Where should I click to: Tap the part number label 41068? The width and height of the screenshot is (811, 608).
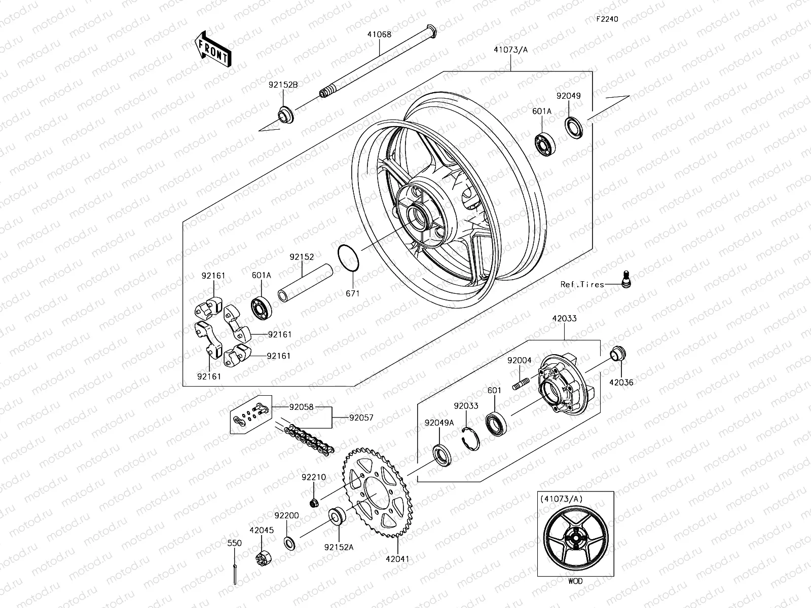coord(379,35)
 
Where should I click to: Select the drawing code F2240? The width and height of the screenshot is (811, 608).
coord(607,19)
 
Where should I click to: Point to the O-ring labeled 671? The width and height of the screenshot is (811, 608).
coord(349,257)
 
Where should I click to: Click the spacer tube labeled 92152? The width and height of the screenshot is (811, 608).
coord(304,284)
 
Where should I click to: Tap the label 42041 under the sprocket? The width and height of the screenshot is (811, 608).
coord(397,559)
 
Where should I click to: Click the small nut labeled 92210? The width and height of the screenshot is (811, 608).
coord(314,503)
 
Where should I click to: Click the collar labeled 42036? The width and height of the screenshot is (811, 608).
coord(617,352)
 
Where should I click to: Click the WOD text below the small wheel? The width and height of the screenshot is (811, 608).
coord(575,581)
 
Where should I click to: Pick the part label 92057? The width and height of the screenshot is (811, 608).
coord(361,418)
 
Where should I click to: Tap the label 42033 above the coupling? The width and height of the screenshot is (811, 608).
coord(564,319)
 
